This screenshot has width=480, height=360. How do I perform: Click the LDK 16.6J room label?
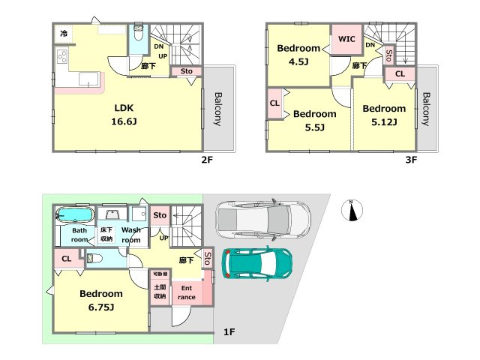[x=124, y=115]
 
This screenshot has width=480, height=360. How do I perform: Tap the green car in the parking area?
[x=256, y=263]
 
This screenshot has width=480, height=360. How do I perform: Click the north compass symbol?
[x=352, y=210]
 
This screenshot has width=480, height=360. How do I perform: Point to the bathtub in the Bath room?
[x=75, y=215]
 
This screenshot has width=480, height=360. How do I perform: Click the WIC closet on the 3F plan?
[x=346, y=40]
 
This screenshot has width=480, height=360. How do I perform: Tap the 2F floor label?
[x=207, y=160]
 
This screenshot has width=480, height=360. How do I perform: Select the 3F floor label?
[x=411, y=160]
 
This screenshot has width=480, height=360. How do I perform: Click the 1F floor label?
[x=229, y=331]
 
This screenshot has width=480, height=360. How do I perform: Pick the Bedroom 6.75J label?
[x=101, y=300]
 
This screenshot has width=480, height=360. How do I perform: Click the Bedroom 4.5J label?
[x=298, y=55]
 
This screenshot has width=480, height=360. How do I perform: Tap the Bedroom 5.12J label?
[x=384, y=115]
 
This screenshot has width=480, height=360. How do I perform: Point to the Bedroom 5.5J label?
[x=315, y=120]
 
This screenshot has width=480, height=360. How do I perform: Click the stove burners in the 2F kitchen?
[x=62, y=57]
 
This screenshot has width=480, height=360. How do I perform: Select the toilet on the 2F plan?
[x=139, y=33]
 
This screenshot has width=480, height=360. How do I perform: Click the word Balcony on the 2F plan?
[x=217, y=109]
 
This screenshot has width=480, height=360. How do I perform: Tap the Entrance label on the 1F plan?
[x=187, y=292]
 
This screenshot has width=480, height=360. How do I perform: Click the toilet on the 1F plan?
[x=94, y=259]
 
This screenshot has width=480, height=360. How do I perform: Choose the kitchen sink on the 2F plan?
[x=89, y=79]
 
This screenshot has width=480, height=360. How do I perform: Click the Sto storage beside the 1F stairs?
[x=160, y=215]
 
